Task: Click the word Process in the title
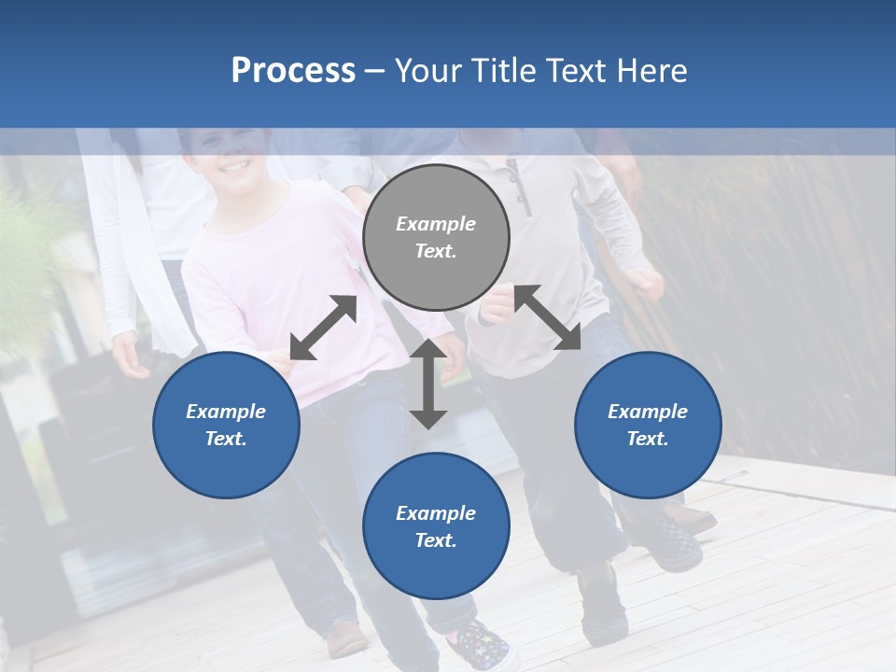tap(293, 71)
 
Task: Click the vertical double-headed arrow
tap(428, 384)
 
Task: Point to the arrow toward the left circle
tap(323, 328)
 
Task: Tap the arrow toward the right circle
tap(547, 317)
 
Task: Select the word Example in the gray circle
tap(436, 224)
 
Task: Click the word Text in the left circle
tap(226, 439)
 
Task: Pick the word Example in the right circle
tap(648, 412)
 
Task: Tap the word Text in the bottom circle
tap(436, 540)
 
